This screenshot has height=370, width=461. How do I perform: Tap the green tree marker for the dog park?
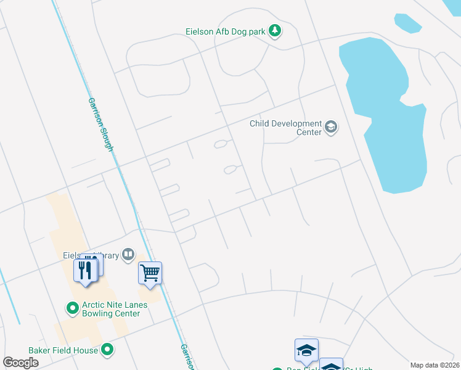pyautogui.click(x=275, y=31)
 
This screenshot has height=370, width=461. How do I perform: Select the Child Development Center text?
pyautogui.click(x=285, y=128)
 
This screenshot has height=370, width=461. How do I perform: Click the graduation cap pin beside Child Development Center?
pyautogui.click(x=332, y=128)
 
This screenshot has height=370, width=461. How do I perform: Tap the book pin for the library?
pyautogui.click(x=128, y=254)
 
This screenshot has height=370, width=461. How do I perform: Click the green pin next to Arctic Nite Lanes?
pyautogui.click(x=72, y=306)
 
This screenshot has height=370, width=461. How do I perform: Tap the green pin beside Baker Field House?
pyautogui.click(x=108, y=350)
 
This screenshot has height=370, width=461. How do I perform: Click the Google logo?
pyautogui.click(x=20, y=363)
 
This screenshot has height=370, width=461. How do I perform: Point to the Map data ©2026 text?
pyautogui.click(x=434, y=365)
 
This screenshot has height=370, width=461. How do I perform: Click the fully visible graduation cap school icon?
pyautogui.click(x=306, y=350)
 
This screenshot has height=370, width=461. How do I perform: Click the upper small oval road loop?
pyautogui.click(x=221, y=144)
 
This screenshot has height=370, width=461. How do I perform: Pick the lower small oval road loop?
pyautogui.click(x=230, y=170)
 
